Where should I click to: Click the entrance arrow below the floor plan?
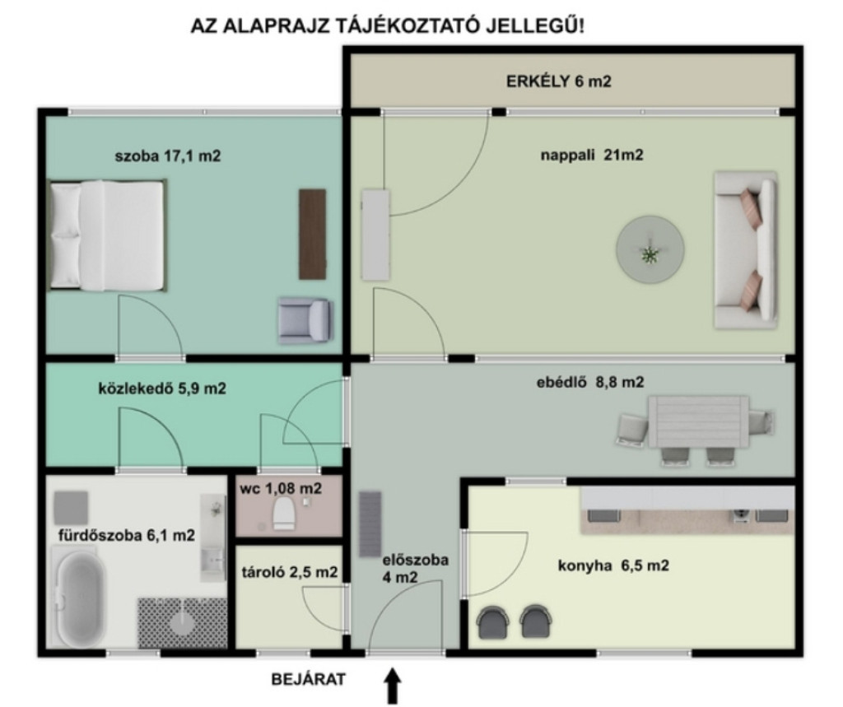394,686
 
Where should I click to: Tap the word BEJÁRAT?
309,680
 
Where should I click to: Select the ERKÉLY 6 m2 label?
559,81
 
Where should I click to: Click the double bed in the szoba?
107,235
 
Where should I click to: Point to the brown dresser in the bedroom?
312,234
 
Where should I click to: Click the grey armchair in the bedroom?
305,320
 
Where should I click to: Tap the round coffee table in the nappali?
650,250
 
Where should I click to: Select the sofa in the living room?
745,249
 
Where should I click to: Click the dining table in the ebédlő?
698,422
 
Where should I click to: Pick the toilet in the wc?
284,514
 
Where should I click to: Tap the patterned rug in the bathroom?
183,622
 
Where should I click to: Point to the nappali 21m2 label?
591,156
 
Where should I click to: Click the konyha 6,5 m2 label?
613,565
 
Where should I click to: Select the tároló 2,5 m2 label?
290,572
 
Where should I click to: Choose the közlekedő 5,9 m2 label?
162,388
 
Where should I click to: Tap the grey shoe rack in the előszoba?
370,524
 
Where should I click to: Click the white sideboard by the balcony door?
375,235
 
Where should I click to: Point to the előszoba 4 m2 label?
415,568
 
